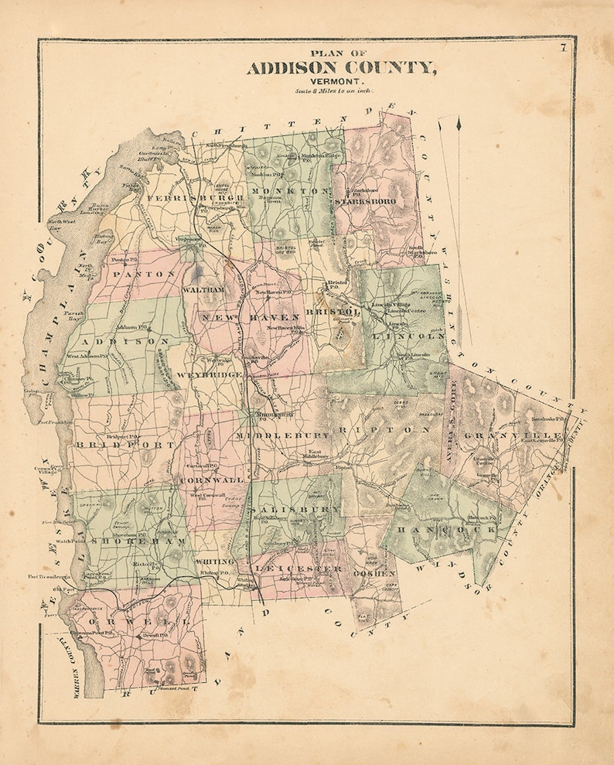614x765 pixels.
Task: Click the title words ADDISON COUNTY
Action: pyautogui.click(x=341, y=68)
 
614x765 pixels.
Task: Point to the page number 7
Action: pyautogui.click(x=564, y=51)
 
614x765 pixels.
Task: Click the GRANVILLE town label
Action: pyautogui.click(x=513, y=436)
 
